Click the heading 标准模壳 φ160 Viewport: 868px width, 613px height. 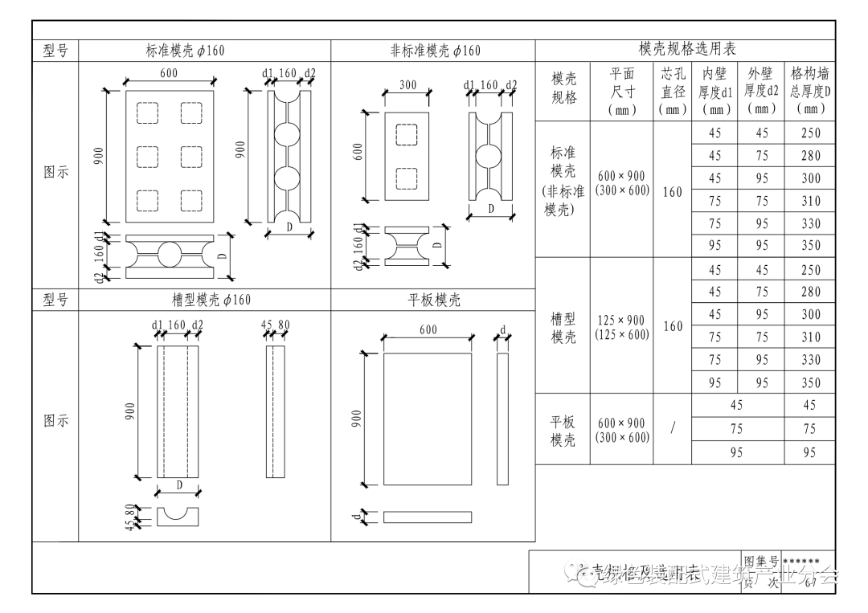[185, 51]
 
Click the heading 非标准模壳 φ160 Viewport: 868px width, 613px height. [435, 51]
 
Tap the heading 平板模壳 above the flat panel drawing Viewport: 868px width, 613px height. [435, 300]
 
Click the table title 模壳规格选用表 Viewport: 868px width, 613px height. [687, 50]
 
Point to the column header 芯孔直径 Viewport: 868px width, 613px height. [672, 91]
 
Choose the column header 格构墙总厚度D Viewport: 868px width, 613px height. [810, 91]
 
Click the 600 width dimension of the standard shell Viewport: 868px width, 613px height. [169, 74]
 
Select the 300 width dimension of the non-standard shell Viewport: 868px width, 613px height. [407, 85]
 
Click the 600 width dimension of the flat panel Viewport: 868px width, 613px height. [428, 329]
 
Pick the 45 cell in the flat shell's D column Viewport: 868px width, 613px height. [809, 406]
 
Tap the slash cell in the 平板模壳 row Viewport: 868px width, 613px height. [672, 428]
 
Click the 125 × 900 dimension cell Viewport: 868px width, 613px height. [621, 320]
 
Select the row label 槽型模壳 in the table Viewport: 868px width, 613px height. [563, 328]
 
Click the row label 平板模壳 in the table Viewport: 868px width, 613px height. [563, 430]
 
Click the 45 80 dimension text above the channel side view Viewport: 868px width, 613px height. [276, 325]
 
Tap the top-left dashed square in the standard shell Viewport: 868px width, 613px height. [147, 113]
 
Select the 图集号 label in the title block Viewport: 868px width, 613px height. [760, 561]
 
